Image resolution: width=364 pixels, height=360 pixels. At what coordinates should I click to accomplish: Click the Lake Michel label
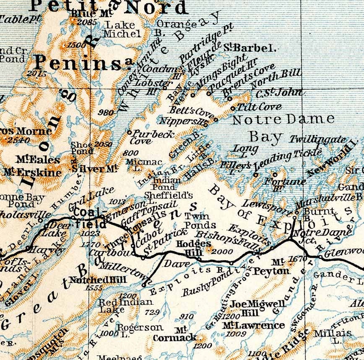coord(122,29)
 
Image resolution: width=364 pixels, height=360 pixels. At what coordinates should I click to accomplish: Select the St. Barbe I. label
coord(250,47)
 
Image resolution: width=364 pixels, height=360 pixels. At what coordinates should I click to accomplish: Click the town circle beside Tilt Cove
coord(234,108)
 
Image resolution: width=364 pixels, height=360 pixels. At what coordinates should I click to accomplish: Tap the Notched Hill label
coord(92,280)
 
